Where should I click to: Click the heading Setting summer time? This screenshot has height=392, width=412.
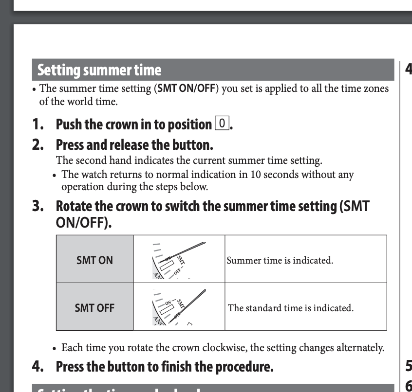coord(99,71)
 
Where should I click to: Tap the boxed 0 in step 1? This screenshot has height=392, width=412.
coord(222,124)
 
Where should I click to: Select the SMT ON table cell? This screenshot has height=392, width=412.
coord(94,260)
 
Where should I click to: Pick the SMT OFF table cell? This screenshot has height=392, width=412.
coord(94,307)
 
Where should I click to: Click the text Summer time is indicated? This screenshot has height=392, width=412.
coord(280,260)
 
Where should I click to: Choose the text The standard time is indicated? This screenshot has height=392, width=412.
coord(290,308)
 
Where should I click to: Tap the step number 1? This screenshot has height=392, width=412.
coord(38,125)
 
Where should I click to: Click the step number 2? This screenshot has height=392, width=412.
coord(38,145)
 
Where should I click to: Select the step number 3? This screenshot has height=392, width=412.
coord(38,206)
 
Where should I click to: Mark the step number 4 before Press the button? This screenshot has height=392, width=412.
coord(38,366)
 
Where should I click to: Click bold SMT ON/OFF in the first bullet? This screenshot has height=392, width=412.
coord(186,89)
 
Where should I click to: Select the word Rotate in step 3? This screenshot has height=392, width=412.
coord(73,206)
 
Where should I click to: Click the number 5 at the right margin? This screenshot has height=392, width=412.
coord(408,365)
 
